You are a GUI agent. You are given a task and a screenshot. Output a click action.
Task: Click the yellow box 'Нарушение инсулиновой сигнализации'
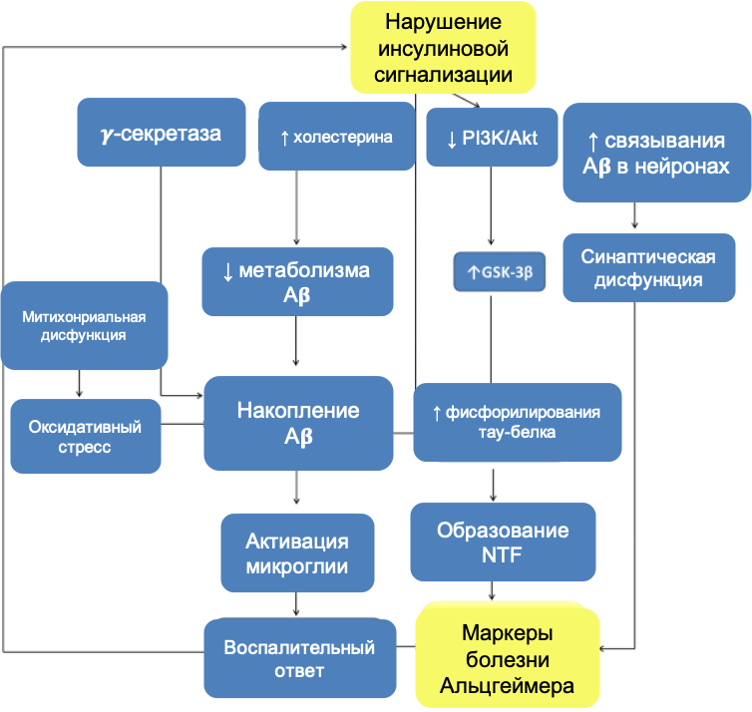[x=443, y=48]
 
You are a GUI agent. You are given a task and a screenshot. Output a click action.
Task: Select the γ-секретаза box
[x=162, y=132]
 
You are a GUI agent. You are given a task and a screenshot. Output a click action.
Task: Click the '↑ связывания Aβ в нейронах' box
[x=657, y=153]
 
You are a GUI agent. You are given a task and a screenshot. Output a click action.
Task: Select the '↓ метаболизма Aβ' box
[x=297, y=281]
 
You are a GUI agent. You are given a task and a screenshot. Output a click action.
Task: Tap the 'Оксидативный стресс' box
[x=85, y=437]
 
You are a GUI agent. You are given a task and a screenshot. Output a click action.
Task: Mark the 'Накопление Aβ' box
[x=297, y=423]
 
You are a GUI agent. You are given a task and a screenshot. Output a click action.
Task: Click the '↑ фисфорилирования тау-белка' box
[x=517, y=423]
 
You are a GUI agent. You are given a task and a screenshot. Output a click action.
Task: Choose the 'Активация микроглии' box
[x=297, y=553]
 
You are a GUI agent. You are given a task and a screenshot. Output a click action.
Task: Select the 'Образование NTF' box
[x=503, y=541]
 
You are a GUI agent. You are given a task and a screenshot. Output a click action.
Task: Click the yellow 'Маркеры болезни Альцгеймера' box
[x=508, y=658]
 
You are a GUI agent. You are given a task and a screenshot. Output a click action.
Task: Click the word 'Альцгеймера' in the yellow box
[x=508, y=685]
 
